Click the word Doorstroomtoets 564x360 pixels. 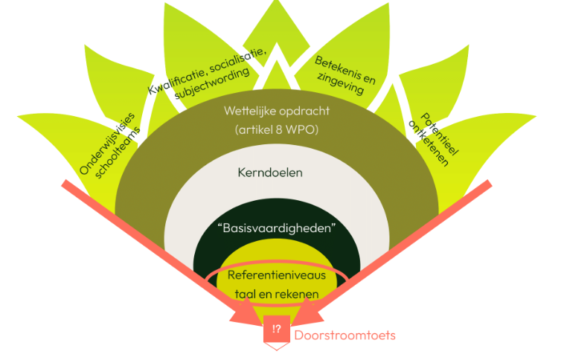point(345,335)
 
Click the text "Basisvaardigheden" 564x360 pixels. point(276,228)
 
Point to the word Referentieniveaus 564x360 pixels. point(276,276)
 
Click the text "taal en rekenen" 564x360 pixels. point(276,294)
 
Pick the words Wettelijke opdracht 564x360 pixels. point(276,112)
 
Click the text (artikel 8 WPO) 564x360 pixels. point(276,132)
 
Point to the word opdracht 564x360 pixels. point(303,112)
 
